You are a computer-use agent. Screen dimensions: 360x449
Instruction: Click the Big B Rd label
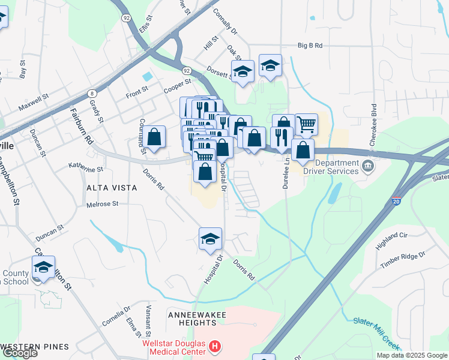tap(310, 46)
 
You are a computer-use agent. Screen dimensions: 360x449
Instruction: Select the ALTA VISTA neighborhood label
tap(112, 188)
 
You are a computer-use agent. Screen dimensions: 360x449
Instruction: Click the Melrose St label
tap(103, 204)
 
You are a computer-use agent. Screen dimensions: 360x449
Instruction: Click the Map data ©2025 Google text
tap(411, 355)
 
